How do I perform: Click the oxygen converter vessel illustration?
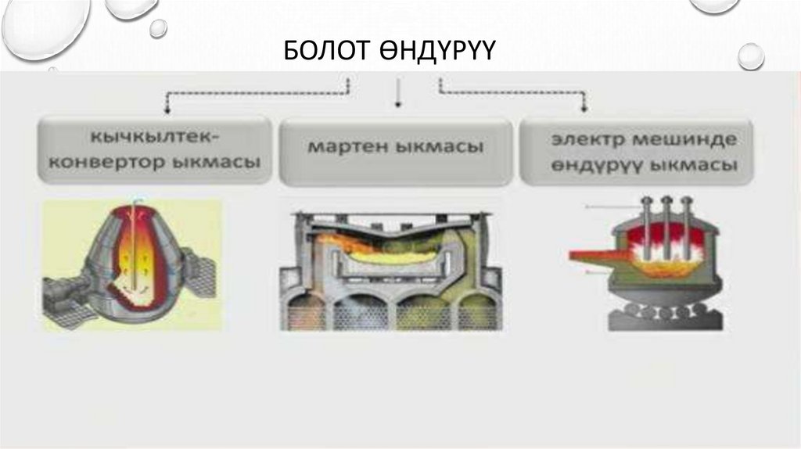click(x=133, y=262)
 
